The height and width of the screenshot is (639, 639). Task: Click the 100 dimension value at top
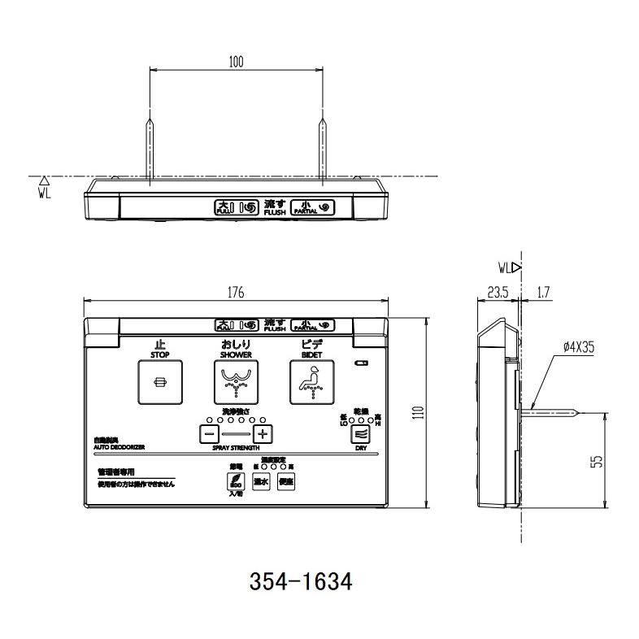(236, 62)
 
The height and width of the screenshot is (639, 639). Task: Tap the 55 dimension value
(597, 461)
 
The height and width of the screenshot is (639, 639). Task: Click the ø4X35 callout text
(578, 346)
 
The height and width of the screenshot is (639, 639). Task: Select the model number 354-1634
(299, 582)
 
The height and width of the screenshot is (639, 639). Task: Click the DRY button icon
(359, 433)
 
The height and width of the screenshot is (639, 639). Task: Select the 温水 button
(261, 481)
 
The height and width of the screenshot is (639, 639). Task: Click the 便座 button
(286, 481)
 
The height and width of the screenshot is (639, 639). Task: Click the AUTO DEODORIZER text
(119, 447)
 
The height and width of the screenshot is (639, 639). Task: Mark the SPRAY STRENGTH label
(236, 448)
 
